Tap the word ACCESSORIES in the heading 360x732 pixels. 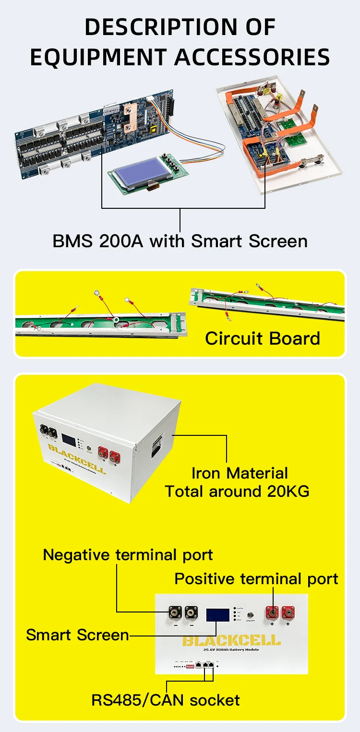tap(252, 57)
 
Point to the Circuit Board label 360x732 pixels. tap(263, 338)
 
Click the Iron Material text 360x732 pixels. tap(240, 473)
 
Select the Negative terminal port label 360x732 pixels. tap(128, 555)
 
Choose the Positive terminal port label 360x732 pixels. tap(256, 578)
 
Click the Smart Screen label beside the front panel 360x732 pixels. tap(77, 635)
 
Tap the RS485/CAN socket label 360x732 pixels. tap(166, 700)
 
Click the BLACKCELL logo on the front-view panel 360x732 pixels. tap(231, 640)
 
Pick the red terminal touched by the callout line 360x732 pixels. tap(273, 612)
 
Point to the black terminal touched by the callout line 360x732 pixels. tap(175, 612)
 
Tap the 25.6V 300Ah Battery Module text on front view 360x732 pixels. tap(231, 649)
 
